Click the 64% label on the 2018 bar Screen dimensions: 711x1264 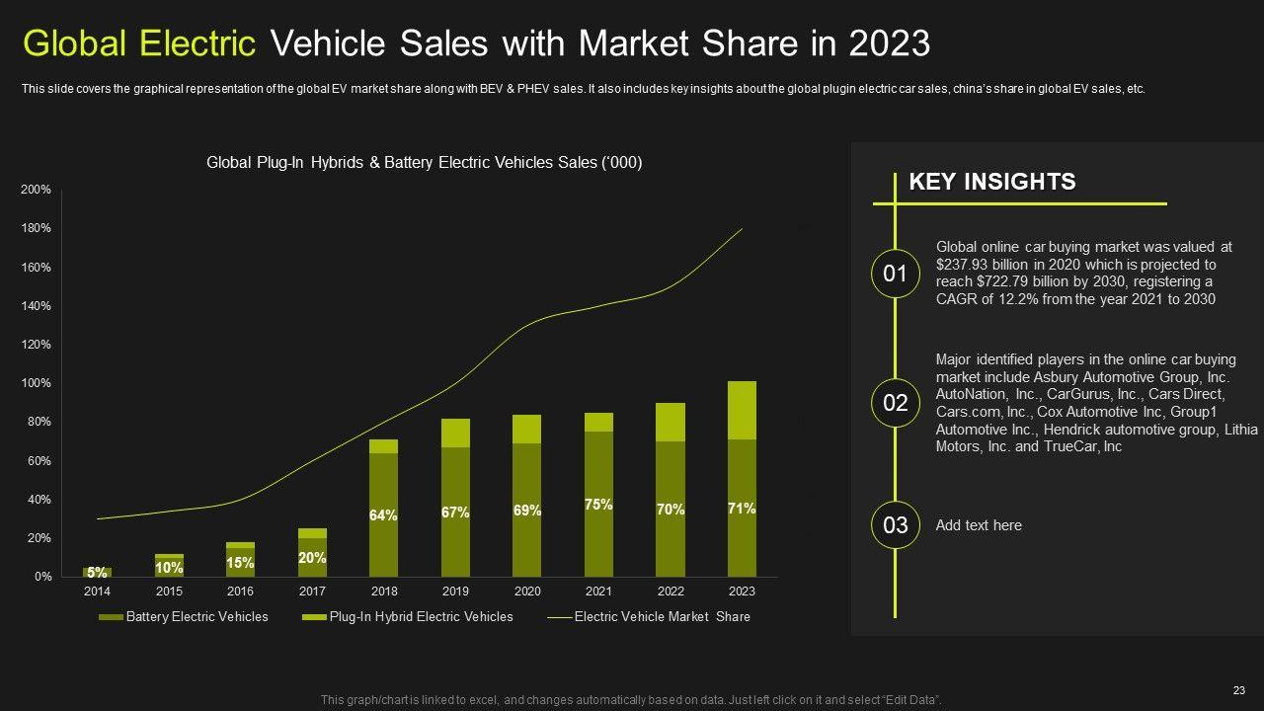(x=383, y=515)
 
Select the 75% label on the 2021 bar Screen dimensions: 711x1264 (x=598, y=505)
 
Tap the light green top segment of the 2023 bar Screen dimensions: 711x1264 (x=742, y=410)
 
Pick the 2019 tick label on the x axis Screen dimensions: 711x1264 (x=455, y=592)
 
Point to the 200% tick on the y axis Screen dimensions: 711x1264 (x=36, y=190)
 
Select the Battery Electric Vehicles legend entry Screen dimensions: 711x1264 (x=184, y=617)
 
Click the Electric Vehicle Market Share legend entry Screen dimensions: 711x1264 (x=649, y=617)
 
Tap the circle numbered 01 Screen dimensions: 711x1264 (x=895, y=274)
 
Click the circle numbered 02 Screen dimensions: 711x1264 (x=895, y=403)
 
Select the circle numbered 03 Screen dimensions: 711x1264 (x=895, y=525)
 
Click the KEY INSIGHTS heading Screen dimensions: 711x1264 (x=991, y=182)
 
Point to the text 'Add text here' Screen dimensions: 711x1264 (x=979, y=525)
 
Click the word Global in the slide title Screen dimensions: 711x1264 (x=79, y=43)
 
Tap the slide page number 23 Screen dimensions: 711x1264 (x=1239, y=691)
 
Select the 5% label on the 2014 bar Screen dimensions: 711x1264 (x=97, y=573)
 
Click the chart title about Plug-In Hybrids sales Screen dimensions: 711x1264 (x=424, y=163)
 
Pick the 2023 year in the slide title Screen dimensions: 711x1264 (x=888, y=43)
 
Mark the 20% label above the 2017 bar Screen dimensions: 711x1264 (x=312, y=558)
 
